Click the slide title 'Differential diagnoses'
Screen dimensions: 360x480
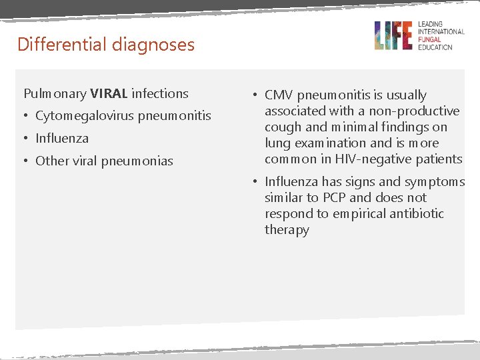pos(106,45)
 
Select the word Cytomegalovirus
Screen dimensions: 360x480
pos(85,116)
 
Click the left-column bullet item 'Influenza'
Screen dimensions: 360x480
pos(62,139)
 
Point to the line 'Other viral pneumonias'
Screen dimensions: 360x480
pos(104,161)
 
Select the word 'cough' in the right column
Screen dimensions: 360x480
pos(283,127)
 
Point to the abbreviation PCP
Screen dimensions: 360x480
pos(330,197)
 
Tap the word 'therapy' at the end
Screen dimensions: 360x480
pos(287,229)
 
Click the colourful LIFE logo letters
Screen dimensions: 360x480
pos(393,35)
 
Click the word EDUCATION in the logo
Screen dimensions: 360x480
pos(435,47)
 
